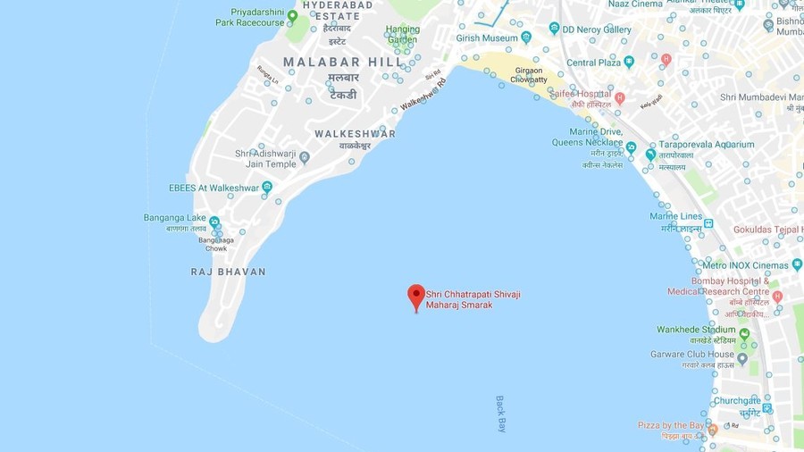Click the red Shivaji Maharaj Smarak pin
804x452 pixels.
tap(416, 297)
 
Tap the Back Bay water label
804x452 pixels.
tap(500, 414)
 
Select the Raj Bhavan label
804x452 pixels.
tap(228, 272)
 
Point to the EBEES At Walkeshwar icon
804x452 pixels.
tap(267, 187)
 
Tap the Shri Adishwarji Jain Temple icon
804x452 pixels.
tap(305, 158)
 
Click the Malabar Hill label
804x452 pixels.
tap(334, 63)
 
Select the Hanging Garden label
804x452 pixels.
tap(402, 34)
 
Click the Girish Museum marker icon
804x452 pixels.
tap(526, 38)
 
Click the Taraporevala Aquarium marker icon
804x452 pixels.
tap(651, 155)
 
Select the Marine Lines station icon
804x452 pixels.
tap(708, 223)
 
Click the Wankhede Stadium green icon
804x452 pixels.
tap(744, 334)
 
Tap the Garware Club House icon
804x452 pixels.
tap(741, 359)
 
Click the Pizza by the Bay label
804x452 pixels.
tap(670, 425)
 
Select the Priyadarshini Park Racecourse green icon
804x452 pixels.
tap(292, 16)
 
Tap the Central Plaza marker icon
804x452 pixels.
tap(629, 62)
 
